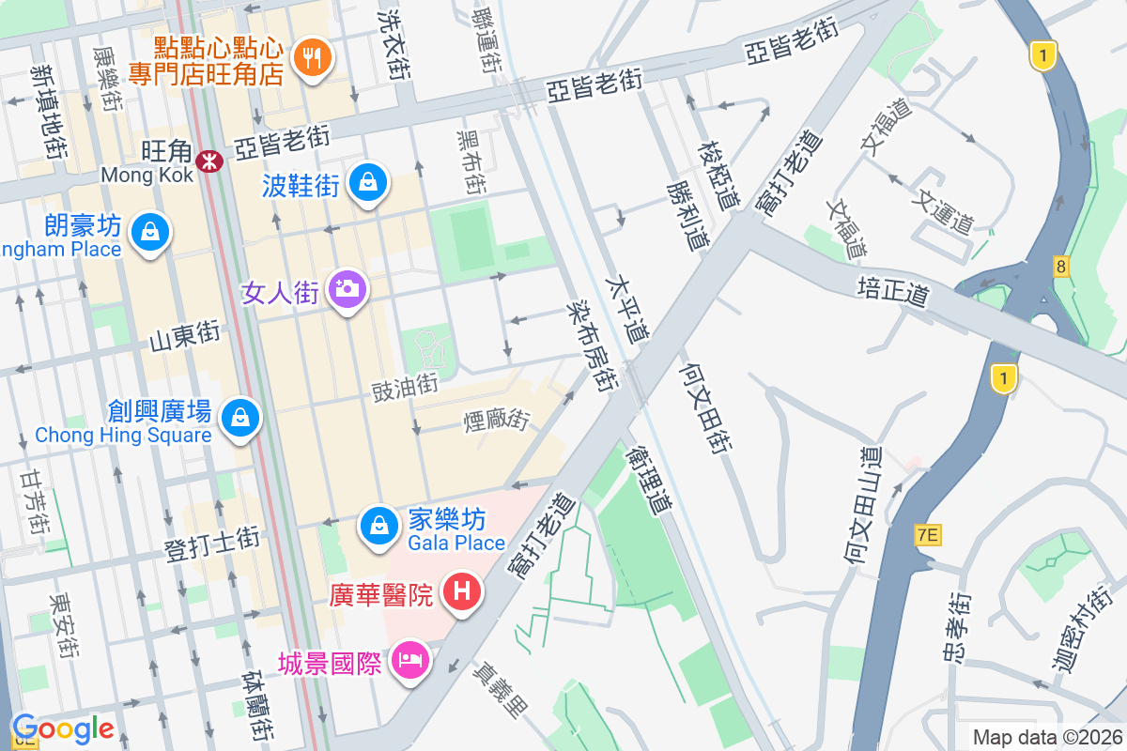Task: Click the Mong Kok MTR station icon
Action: point(208,161)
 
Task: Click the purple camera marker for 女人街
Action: point(347,288)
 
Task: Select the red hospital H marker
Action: point(461,593)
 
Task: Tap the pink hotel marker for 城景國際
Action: point(409,661)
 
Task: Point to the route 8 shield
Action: point(1060,268)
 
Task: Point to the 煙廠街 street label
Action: point(496,420)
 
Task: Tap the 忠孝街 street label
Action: point(958,624)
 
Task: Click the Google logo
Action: point(63,728)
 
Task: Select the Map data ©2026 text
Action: point(1046,737)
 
